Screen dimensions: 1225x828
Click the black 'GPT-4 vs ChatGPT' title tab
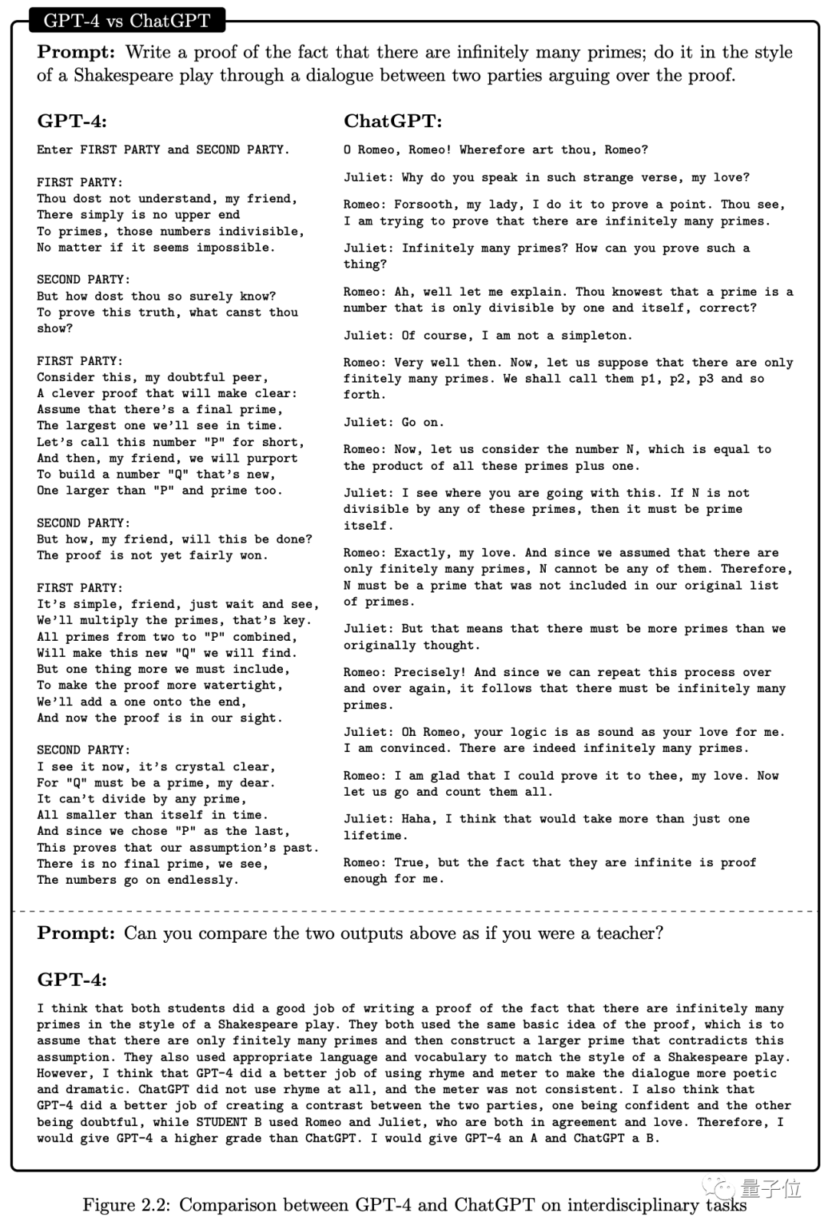(127, 21)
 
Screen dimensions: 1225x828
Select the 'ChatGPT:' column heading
(393, 121)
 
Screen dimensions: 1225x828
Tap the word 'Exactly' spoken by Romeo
(423, 553)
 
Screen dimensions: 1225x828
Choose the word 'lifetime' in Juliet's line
(372, 836)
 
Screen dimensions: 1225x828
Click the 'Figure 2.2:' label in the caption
(127, 1205)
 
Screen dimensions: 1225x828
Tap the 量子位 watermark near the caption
(770, 1189)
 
